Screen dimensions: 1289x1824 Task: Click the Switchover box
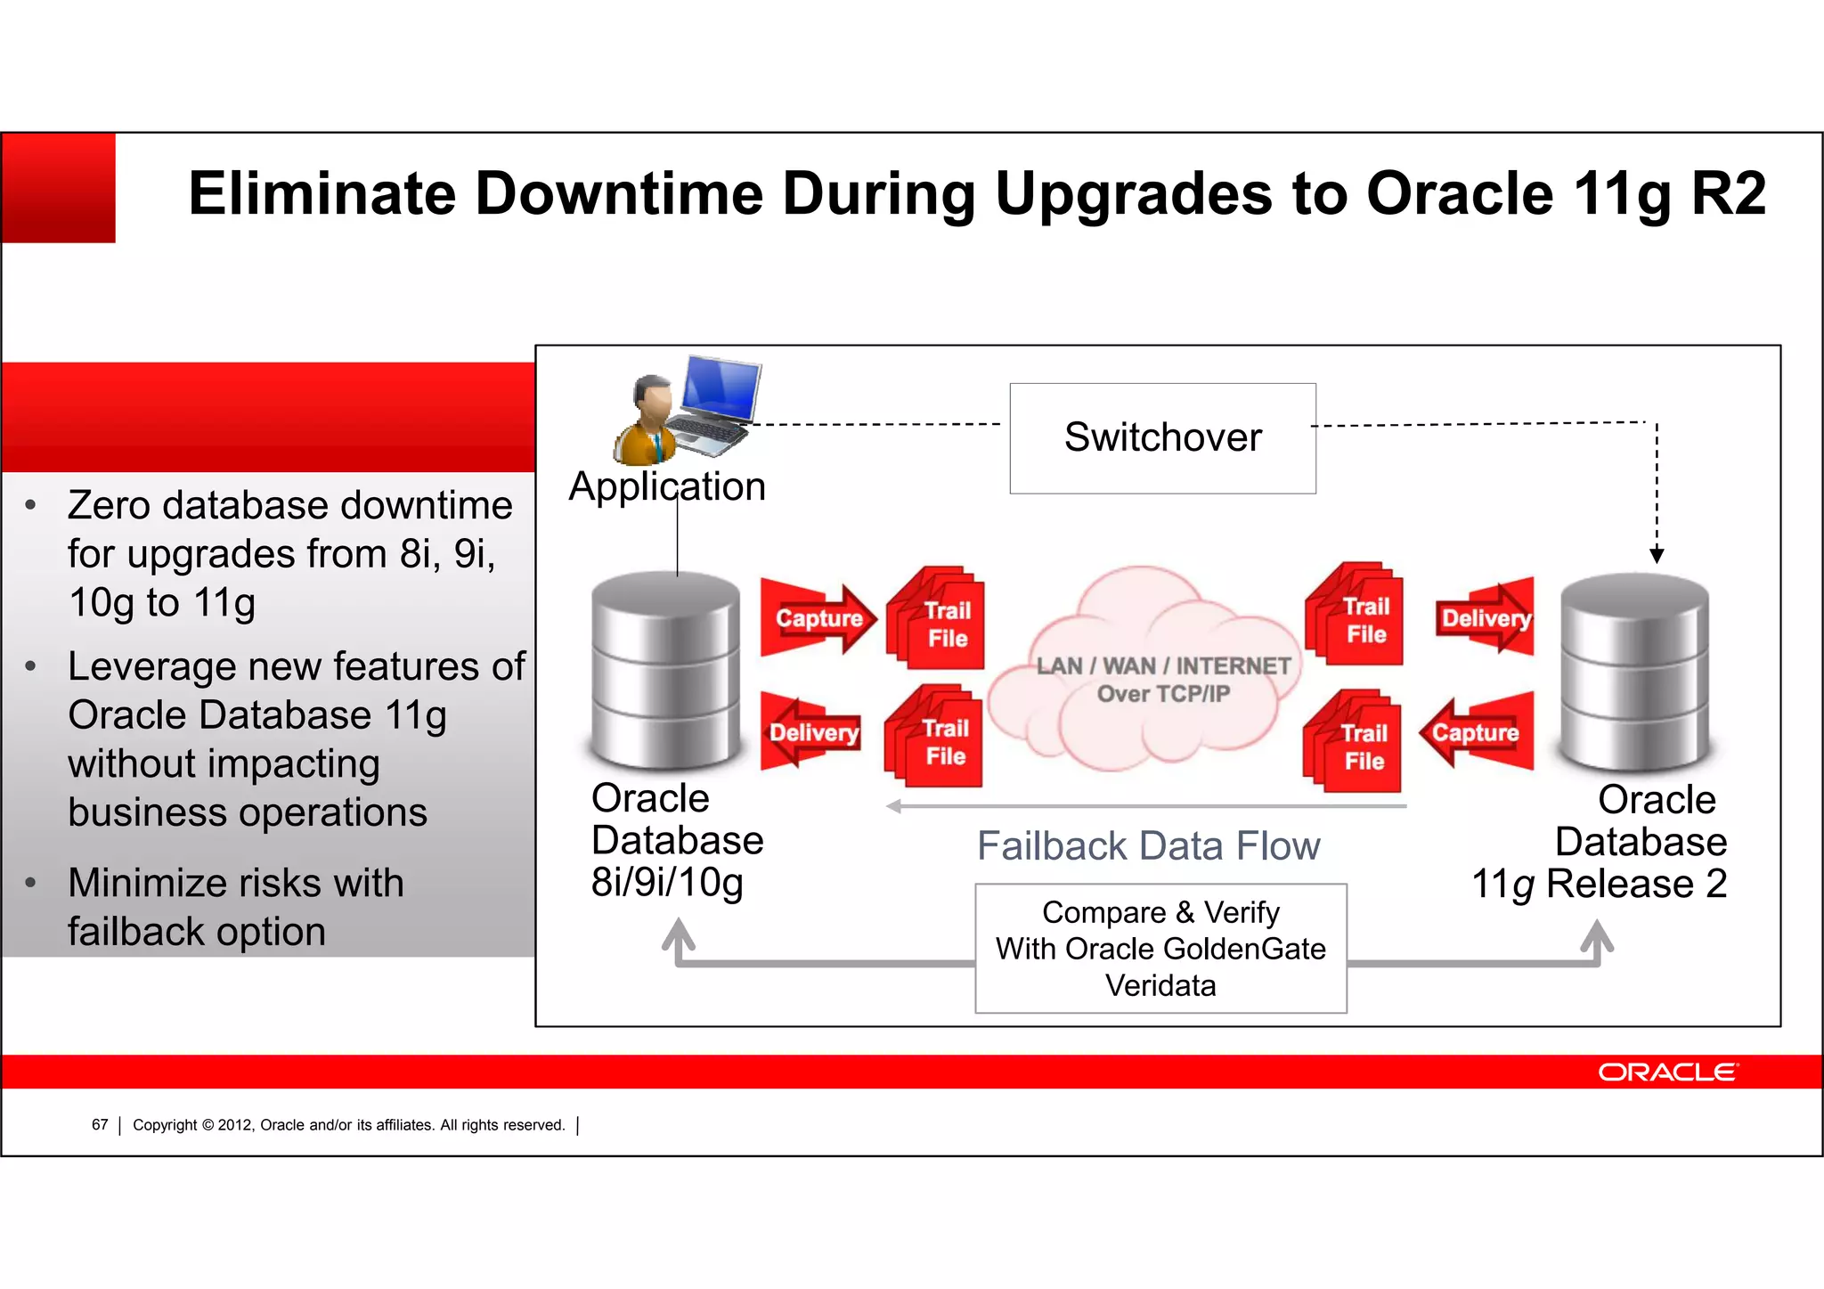(x=1162, y=437)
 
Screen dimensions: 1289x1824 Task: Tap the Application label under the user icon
(x=667, y=486)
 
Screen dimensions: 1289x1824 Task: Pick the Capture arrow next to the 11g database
(x=1477, y=732)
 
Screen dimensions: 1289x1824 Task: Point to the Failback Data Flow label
(x=1148, y=846)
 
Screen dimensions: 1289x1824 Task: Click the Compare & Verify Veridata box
(x=1160, y=949)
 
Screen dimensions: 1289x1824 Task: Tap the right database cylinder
(x=1634, y=672)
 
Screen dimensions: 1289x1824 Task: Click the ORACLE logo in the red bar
(x=1666, y=1072)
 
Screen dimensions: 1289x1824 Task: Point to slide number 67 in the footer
(x=100, y=1125)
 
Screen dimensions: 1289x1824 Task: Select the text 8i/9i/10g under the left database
(x=667, y=882)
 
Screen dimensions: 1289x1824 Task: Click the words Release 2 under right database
(x=1636, y=884)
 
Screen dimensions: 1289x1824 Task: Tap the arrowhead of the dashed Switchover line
(x=1657, y=556)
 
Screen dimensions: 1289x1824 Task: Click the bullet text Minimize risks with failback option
(x=236, y=907)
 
